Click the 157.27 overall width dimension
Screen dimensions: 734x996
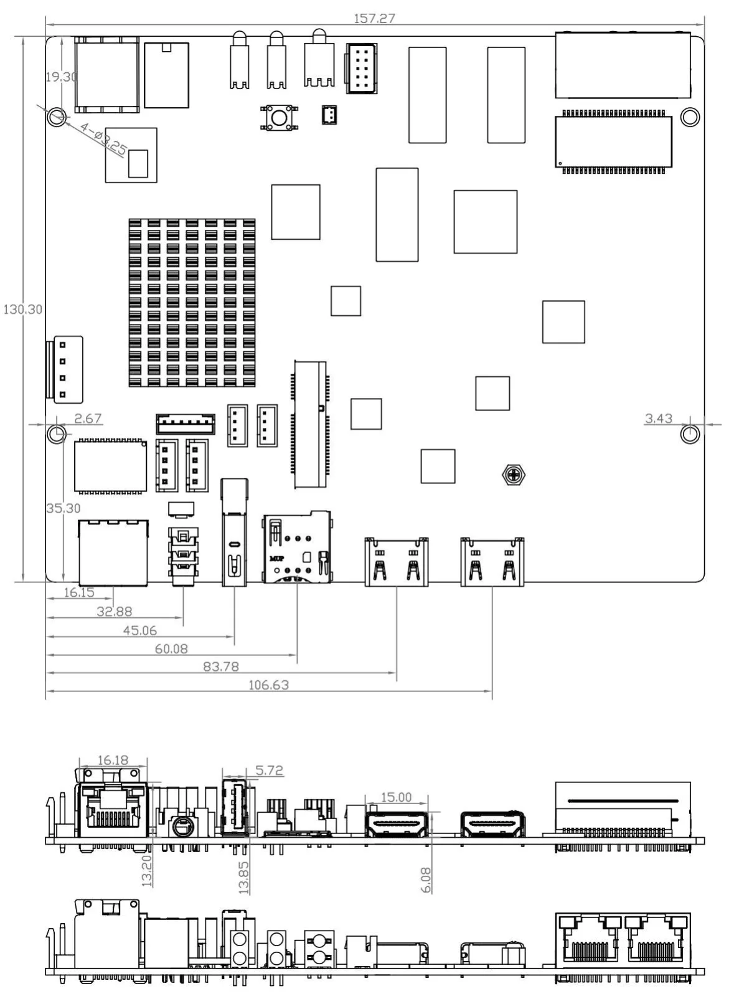click(374, 18)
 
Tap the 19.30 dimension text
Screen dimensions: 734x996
click(62, 77)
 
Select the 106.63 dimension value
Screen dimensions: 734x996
click(268, 685)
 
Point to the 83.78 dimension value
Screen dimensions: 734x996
click(221, 666)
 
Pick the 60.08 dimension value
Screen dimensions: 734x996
click(171, 648)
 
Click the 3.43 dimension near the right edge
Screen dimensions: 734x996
click(659, 419)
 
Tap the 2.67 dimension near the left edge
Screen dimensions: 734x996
click(88, 419)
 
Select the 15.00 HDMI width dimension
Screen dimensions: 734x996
click(396, 797)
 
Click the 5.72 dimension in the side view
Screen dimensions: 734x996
click(269, 770)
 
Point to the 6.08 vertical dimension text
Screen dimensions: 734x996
click(426, 880)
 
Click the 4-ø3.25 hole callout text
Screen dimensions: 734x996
click(103, 138)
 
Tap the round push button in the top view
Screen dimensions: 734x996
click(279, 118)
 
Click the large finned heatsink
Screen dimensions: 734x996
click(192, 303)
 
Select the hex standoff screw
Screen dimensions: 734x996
click(514, 475)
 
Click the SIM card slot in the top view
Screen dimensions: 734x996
click(297, 547)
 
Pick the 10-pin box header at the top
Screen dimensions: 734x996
click(362, 68)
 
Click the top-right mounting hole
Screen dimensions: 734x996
click(690, 117)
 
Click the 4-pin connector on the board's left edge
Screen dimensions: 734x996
click(64, 369)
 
